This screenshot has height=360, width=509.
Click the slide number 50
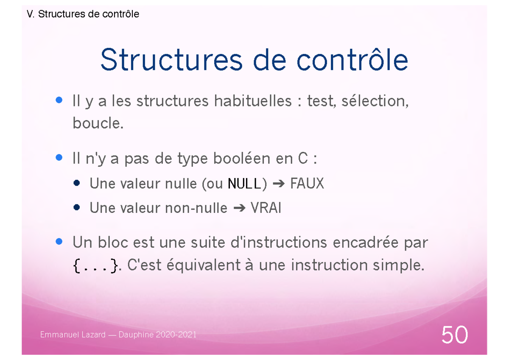coord(455,335)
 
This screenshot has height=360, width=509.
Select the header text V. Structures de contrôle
coord(83,14)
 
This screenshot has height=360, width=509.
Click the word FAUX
coord(307,184)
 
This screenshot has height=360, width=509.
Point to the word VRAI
coord(266,208)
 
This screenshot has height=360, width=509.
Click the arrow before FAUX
coord(279,184)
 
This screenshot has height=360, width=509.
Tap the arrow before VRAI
coord(239,209)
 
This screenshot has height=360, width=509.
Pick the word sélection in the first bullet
coord(378,101)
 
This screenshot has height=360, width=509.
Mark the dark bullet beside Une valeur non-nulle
coord(76,208)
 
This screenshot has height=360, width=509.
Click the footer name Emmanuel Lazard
coord(73,335)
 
